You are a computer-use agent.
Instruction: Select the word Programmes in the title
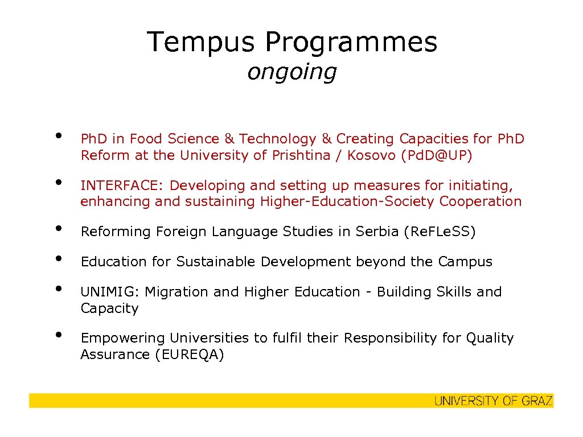point(351,42)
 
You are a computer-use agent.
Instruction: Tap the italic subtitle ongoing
point(291,72)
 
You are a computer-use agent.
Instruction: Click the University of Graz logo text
point(493,401)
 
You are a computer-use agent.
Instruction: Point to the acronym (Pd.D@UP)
point(436,156)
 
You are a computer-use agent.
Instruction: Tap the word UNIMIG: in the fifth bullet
point(110,292)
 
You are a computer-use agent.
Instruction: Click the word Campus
point(465,262)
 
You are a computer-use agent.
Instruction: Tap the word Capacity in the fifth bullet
point(109,308)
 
